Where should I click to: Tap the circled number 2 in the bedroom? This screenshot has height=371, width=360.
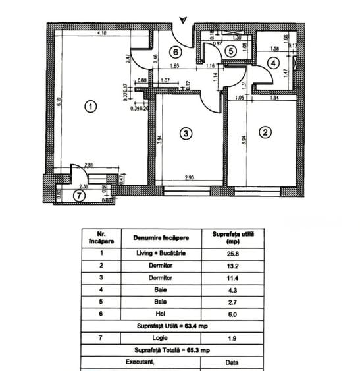point(265,132)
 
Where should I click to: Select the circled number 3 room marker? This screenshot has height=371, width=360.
point(186,134)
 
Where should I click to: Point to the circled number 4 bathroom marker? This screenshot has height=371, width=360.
point(272,63)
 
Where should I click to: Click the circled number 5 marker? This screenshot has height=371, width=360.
point(230,51)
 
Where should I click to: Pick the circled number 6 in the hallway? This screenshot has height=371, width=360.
point(175,51)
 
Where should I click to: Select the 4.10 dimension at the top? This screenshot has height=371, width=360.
point(101,33)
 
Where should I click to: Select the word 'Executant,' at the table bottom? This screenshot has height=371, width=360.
point(143,362)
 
